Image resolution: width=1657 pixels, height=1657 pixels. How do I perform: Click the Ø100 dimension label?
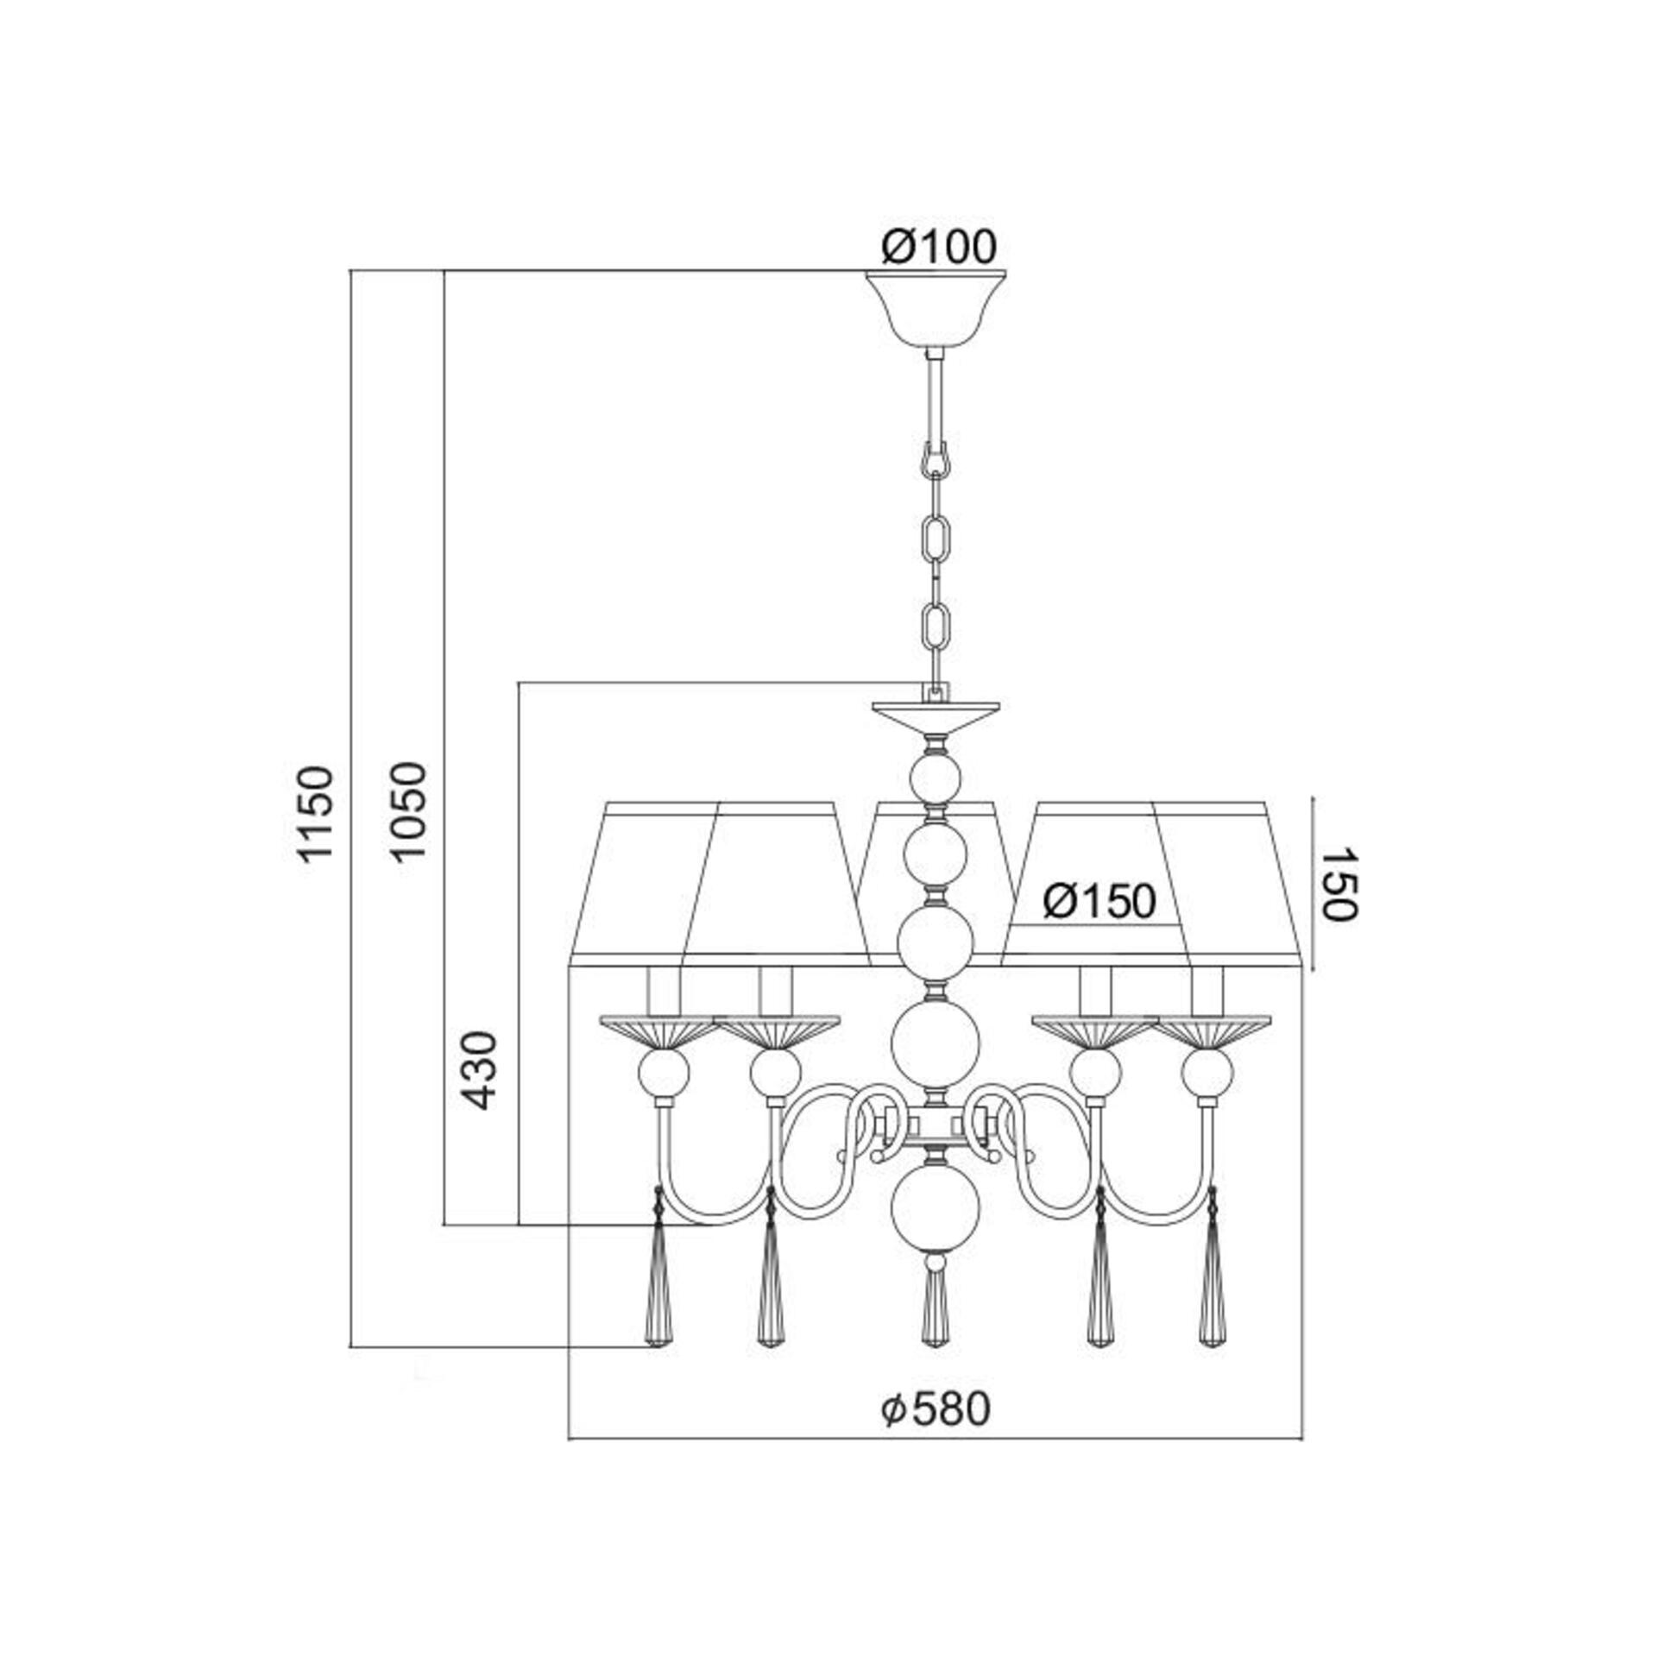click(938, 248)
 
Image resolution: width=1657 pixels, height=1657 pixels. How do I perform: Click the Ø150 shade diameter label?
click(1099, 902)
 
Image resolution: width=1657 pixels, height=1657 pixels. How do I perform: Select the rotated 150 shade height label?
click(1339, 885)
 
